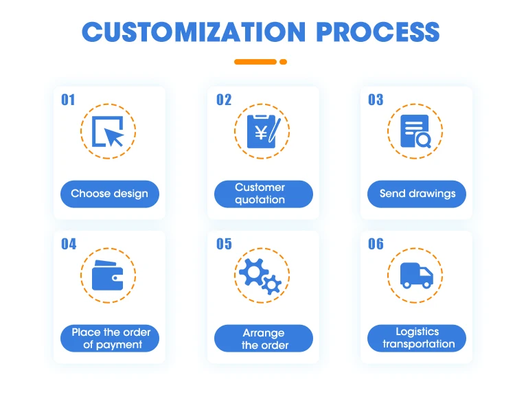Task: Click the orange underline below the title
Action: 260,62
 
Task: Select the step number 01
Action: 68,100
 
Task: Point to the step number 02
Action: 224,100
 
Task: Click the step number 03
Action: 376,100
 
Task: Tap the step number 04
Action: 69,244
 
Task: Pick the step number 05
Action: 224,244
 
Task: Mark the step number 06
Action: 376,244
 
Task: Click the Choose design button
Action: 109,194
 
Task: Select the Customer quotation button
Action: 263,194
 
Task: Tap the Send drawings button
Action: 417,194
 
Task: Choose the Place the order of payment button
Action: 110,339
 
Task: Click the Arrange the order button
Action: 264,339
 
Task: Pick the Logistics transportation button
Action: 417,339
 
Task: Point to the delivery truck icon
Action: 416,275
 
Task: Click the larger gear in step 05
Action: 254,271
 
